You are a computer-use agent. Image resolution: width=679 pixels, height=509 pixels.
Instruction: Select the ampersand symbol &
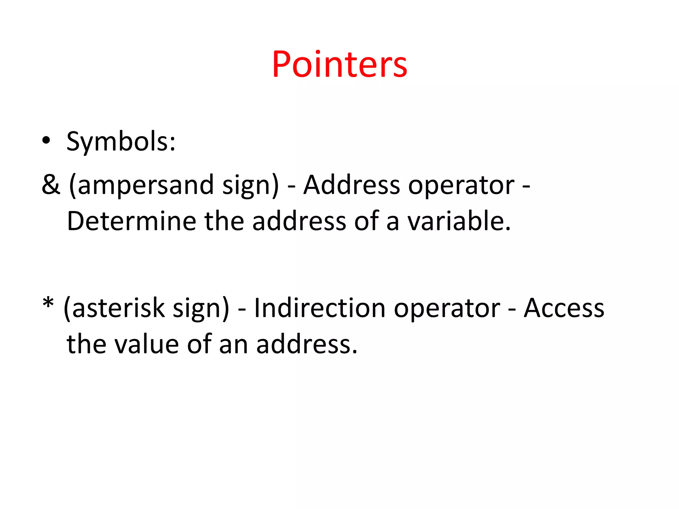click(x=51, y=185)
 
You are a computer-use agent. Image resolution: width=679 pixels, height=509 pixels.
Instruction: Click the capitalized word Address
click(x=352, y=185)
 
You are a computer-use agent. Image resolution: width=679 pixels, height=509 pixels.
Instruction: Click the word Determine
click(x=132, y=221)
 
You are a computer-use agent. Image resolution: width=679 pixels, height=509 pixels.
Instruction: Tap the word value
click(x=146, y=345)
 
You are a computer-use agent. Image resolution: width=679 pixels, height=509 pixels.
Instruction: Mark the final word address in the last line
click(x=307, y=345)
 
